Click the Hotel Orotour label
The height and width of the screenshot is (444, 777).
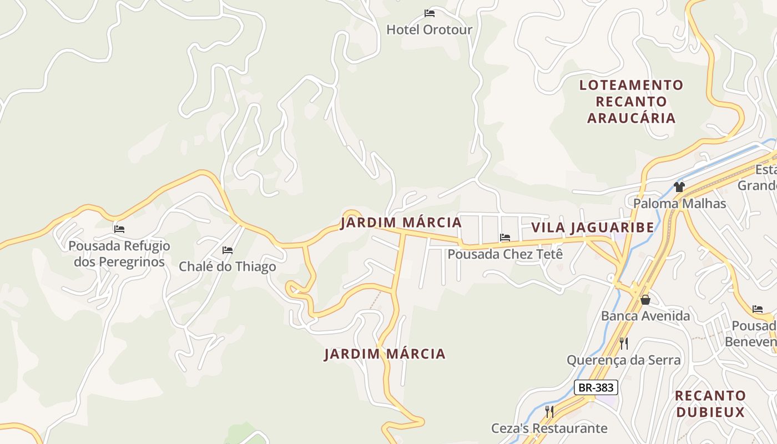coord(429,29)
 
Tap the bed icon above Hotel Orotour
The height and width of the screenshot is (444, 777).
coord(429,13)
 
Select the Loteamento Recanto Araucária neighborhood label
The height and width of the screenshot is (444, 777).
coord(632,102)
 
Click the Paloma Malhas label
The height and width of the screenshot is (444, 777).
coord(679,203)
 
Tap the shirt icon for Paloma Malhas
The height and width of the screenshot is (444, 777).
coord(679,186)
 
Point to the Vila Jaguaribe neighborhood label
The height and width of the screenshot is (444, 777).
coord(593,228)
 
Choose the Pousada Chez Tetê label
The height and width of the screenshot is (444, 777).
coord(505,254)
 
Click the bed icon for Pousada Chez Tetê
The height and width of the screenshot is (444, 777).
coord(505,238)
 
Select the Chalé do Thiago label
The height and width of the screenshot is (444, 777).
coord(227,266)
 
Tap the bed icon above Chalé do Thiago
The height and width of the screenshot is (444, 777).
coord(227,250)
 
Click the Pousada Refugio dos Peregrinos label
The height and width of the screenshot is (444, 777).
coord(119,254)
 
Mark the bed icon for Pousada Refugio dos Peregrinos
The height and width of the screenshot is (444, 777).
coord(119,229)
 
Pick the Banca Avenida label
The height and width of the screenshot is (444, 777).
coord(645,316)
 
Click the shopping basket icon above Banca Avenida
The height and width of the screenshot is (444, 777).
coord(645,300)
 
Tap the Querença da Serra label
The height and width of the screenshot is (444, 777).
coord(623,360)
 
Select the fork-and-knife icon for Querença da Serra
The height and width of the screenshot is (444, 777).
coord(623,344)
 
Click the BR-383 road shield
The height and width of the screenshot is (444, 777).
coord(596,387)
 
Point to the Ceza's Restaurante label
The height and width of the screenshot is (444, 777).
coord(549,428)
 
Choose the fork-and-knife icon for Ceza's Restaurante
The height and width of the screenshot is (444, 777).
coord(549,412)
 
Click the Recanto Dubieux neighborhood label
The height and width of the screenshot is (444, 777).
coord(710,404)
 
